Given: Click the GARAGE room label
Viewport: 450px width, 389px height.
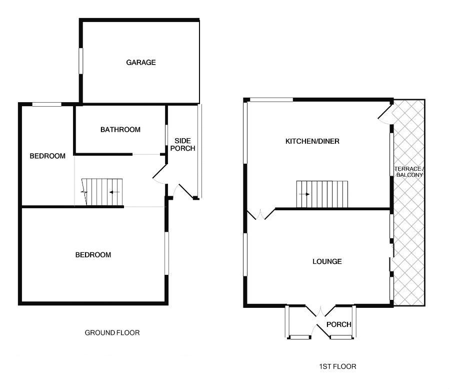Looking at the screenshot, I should pyautogui.click(x=140, y=63).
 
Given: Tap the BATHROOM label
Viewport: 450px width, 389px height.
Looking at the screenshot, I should pyautogui.click(x=120, y=130).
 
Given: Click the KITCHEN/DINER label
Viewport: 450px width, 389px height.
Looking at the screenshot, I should pyautogui.click(x=312, y=141).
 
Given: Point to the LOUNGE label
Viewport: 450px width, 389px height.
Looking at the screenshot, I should pyautogui.click(x=327, y=261).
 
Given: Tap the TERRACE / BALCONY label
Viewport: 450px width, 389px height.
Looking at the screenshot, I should pyautogui.click(x=409, y=171).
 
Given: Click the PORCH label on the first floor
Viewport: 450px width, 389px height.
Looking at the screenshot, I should pyautogui.click(x=338, y=324).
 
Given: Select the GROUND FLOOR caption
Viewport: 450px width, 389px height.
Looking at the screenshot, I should pyautogui.click(x=112, y=332).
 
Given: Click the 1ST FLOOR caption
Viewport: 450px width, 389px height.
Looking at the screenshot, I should pyautogui.click(x=337, y=366).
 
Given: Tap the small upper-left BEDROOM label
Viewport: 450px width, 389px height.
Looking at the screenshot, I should pyautogui.click(x=47, y=156).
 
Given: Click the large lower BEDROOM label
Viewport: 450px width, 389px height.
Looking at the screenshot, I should pyautogui.click(x=93, y=255).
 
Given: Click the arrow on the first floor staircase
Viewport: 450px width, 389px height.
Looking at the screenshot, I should pyautogui.click(x=304, y=194).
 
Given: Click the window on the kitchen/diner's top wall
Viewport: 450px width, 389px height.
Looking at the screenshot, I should pyautogui.click(x=271, y=100).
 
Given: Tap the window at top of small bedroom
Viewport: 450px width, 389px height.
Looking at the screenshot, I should pyautogui.click(x=46, y=104).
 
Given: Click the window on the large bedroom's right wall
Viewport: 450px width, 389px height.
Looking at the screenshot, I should pyautogui.click(x=167, y=252).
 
